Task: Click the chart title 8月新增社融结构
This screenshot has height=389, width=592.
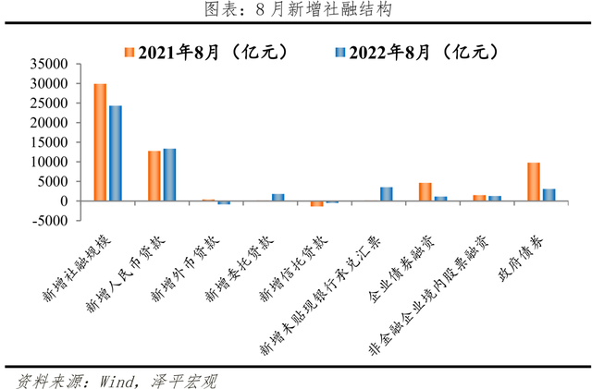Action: (x=296, y=10)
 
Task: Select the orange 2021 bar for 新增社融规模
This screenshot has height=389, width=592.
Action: (x=100, y=142)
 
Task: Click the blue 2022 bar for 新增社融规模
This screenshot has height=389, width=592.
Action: (x=115, y=153)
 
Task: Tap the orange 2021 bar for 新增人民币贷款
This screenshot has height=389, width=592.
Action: (x=154, y=176)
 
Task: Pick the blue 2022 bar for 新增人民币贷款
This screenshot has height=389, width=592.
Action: (x=169, y=175)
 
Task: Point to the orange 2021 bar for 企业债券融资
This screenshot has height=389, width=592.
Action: (x=425, y=191)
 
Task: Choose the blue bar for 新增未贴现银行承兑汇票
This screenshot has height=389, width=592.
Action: (x=386, y=194)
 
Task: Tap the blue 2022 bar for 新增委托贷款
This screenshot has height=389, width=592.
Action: (x=277, y=197)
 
